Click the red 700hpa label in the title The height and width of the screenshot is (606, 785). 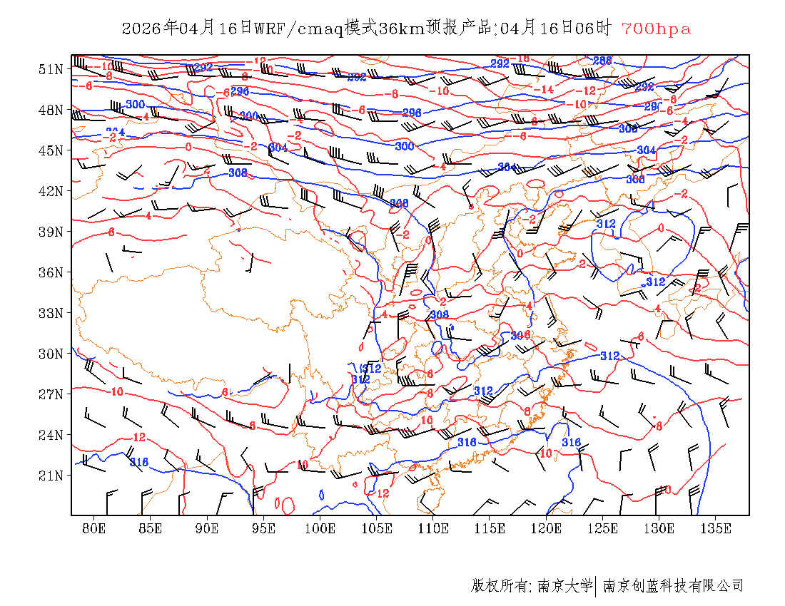(656, 29)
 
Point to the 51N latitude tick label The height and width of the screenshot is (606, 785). (51, 69)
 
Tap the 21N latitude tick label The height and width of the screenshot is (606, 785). (51, 476)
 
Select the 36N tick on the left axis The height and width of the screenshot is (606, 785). (51, 272)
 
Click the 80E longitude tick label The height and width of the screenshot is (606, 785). (93, 528)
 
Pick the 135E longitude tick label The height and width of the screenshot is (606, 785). (716, 528)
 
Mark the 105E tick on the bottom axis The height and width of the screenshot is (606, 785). (377, 528)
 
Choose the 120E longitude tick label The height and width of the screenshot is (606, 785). (547, 528)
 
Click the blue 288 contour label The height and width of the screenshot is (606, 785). (602, 61)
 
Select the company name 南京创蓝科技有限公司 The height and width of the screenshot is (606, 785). (673, 586)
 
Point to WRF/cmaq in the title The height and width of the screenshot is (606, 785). (298, 29)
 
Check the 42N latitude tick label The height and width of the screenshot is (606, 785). (51, 191)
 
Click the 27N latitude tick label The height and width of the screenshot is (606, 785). (51, 394)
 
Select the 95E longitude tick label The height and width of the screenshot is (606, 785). (263, 528)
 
